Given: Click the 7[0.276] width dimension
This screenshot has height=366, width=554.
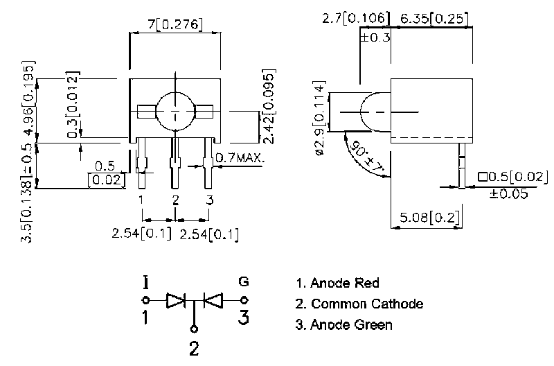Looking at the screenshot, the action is pyautogui.click(x=175, y=24).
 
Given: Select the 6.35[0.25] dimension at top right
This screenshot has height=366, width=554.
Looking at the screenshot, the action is pyautogui.click(x=434, y=19).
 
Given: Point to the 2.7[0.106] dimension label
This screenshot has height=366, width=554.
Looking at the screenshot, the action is pyautogui.click(x=356, y=18).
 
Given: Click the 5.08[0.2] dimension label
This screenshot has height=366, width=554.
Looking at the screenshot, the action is pyautogui.click(x=430, y=217).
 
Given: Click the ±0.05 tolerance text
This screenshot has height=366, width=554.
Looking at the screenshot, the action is pyautogui.click(x=508, y=194).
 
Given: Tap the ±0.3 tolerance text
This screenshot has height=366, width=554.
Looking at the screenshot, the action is pyautogui.click(x=375, y=37).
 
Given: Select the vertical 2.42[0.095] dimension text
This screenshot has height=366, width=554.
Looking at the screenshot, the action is pyautogui.click(x=269, y=107).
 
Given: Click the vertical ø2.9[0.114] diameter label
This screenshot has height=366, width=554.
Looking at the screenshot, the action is pyautogui.click(x=319, y=118).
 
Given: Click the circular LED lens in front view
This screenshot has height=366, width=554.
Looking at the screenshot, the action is pyautogui.click(x=176, y=112).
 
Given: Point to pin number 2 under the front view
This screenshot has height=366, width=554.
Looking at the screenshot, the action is pyautogui.click(x=175, y=200).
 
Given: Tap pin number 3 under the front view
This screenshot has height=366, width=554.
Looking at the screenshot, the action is pyautogui.click(x=210, y=200).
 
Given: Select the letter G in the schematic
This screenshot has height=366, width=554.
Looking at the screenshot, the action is pyautogui.click(x=244, y=281).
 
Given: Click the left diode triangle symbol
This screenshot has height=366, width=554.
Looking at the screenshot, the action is pyautogui.click(x=176, y=301).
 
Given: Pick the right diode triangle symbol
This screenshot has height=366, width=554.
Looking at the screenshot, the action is pyautogui.click(x=213, y=301).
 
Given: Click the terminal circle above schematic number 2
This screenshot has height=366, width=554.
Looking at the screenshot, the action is pyautogui.click(x=194, y=329).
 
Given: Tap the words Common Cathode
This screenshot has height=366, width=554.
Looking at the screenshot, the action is pyautogui.click(x=368, y=304).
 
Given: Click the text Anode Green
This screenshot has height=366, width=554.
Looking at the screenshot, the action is pyautogui.click(x=351, y=324).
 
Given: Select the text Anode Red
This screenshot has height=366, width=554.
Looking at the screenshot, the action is pyautogui.click(x=345, y=283).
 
